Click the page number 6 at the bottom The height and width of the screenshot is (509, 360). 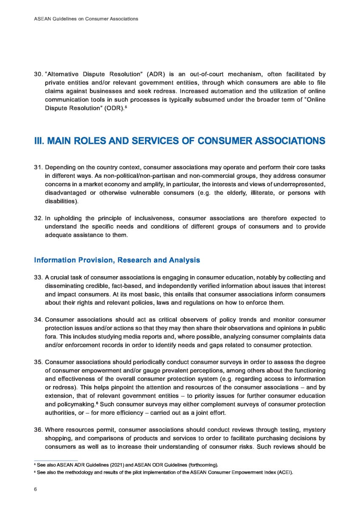[36, 489]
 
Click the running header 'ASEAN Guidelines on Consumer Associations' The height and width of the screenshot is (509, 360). [86, 19]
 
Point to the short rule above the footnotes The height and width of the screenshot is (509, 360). [56, 461]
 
